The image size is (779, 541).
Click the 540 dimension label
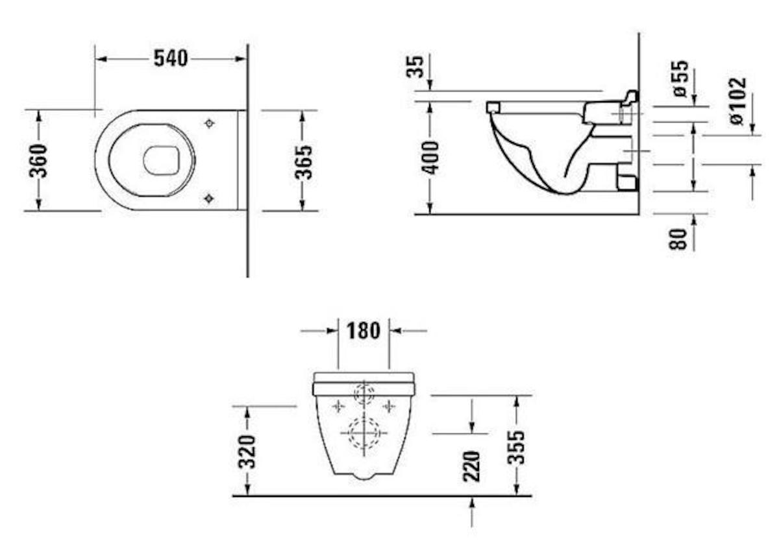point(171,58)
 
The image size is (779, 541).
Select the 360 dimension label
point(38,161)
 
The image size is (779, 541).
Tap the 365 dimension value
point(304,162)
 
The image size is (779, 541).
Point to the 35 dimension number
point(415,67)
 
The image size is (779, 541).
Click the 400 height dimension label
point(430,158)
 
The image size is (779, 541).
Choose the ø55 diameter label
point(680,79)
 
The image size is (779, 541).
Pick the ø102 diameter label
point(738,101)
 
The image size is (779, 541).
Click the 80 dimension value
point(678,239)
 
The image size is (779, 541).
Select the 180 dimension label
point(364,331)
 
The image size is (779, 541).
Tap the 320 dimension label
point(247,451)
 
